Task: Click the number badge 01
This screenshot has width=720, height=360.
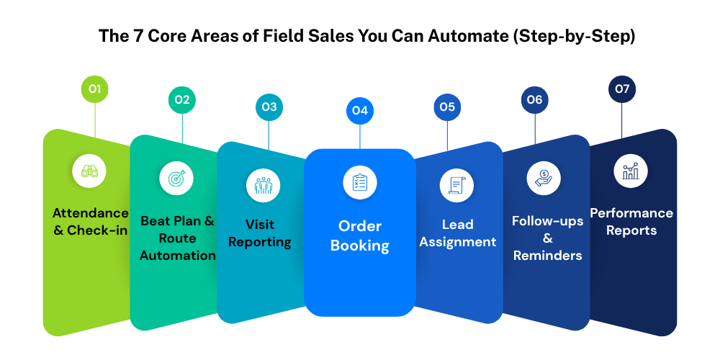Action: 95,89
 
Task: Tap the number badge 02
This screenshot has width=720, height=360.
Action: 182,100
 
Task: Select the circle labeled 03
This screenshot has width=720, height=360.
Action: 269,107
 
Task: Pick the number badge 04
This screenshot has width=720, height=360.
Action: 360,111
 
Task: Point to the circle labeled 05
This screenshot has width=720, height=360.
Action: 447,107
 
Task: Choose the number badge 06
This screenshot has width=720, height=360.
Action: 534,100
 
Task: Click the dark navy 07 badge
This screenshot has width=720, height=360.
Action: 622,89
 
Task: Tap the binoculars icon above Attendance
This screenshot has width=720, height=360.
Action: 90,171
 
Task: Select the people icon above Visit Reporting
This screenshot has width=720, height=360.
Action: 264,185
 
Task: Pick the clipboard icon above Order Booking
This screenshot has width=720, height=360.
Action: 360,182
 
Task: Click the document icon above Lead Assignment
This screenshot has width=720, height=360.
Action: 456,185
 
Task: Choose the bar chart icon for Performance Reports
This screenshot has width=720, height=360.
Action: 631,171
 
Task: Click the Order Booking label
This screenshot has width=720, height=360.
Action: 360,235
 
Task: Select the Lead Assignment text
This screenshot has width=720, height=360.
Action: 458,233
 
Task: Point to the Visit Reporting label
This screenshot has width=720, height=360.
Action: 260,233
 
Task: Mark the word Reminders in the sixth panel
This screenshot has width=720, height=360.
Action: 547,256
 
